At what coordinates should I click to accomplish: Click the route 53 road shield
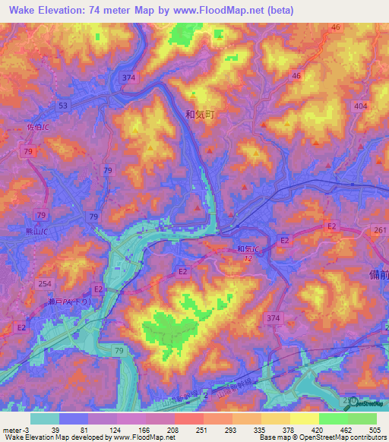pos(62,105)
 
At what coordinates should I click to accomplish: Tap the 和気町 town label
pos(201,114)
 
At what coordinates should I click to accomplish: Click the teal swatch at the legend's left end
pos(45,418)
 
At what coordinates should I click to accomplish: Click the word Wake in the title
pos(25,10)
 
